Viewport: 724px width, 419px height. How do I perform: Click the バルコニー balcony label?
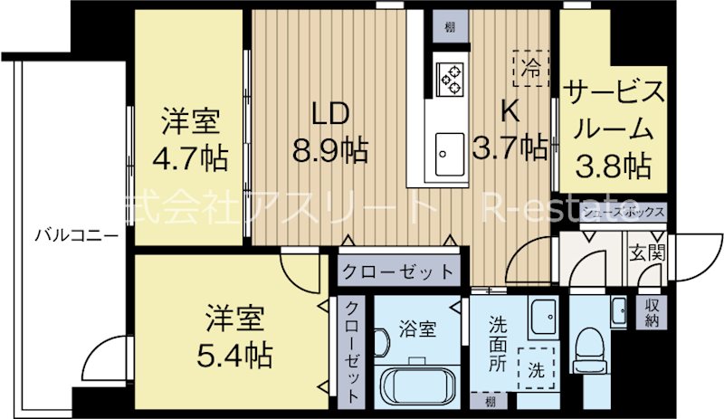tap(75, 236)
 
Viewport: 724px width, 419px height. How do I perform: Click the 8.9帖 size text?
tap(330, 148)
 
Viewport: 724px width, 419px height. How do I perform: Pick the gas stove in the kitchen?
tap(450, 77)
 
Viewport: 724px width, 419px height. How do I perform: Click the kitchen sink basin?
tap(450, 156)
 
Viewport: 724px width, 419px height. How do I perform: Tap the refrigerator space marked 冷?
tap(532, 66)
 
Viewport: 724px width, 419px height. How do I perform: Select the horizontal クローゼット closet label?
tap(398, 271)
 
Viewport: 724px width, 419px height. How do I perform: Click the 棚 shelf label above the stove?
tap(450, 27)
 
